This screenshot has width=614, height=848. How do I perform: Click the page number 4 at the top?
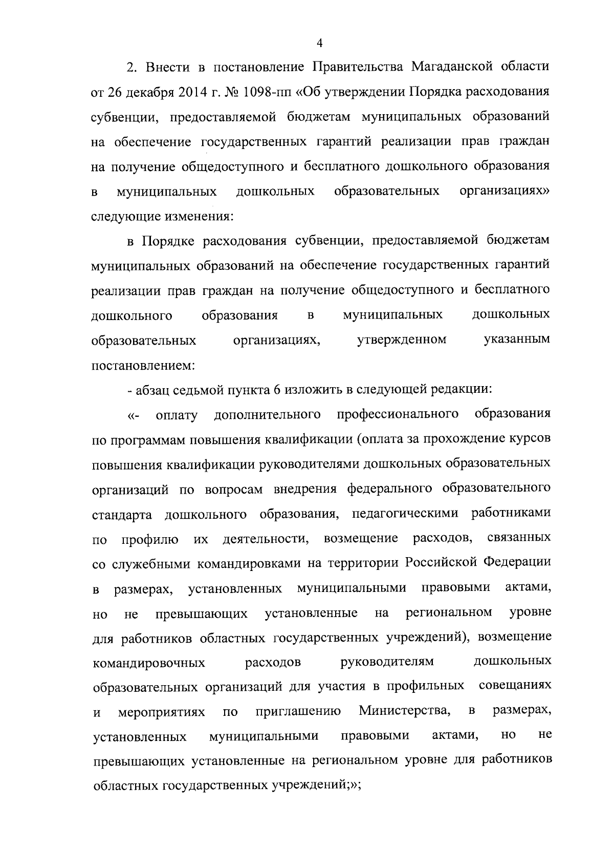point(319,44)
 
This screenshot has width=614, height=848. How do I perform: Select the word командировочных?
point(149,663)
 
